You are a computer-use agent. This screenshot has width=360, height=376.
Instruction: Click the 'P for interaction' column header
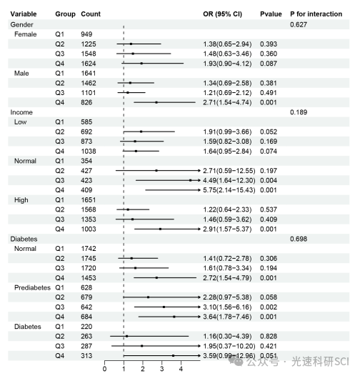click(316, 14)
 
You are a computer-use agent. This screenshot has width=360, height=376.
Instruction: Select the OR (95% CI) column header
click(222, 14)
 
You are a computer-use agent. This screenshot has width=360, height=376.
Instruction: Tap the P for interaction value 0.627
click(299, 24)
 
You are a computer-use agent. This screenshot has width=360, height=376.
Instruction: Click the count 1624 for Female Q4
click(88, 64)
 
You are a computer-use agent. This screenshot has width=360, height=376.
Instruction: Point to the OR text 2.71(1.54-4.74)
click(227, 102)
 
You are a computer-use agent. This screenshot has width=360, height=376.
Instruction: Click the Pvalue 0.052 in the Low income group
click(269, 132)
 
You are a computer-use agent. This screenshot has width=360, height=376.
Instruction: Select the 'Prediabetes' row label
click(32, 287)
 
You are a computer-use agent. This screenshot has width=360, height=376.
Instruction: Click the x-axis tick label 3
click(161, 369)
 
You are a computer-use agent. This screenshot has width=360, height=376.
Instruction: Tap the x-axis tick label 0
click(104, 369)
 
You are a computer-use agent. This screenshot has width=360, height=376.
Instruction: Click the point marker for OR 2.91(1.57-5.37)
click(160, 229)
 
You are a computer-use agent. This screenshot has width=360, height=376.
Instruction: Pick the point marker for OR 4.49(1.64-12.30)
click(190, 180)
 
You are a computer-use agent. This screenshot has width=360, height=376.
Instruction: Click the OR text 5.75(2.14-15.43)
click(229, 190)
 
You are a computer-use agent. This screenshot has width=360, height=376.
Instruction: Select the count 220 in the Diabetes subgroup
click(86, 327)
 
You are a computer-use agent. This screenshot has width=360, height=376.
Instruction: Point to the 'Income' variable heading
click(21, 112)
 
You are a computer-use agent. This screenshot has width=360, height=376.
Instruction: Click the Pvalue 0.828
click(269, 336)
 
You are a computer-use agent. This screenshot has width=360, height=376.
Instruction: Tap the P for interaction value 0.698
click(299, 239)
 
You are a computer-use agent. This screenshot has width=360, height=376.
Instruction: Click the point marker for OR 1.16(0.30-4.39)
click(126, 336)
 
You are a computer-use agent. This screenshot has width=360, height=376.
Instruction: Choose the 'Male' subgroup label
click(21, 73)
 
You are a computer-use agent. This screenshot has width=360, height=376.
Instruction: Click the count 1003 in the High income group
click(88, 229)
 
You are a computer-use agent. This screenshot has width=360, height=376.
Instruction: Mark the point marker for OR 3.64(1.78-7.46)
click(174, 317)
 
